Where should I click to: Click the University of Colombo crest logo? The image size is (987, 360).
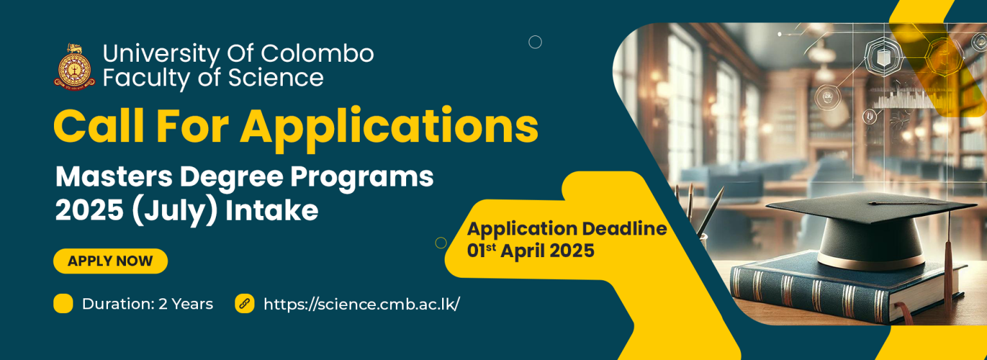pyautogui.click(x=75, y=67)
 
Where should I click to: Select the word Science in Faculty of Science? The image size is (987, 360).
pyautogui.click(x=276, y=78)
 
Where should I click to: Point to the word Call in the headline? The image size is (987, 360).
pyautogui.click(x=99, y=126)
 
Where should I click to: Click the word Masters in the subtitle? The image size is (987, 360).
pyautogui.click(x=114, y=177)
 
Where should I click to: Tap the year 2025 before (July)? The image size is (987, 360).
pyautogui.click(x=89, y=211)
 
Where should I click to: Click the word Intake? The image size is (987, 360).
pyautogui.click(x=271, y=210)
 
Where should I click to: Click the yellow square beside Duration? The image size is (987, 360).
pyautogui.click(x=63, y=303)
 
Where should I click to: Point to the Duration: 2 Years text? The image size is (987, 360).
pyautogui.click(x=147, y=304)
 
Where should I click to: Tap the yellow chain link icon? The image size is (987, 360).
pyautogui.click(x=245, y=303)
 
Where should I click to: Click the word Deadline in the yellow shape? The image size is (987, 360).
pyautogui.click(x=625, y=229)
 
